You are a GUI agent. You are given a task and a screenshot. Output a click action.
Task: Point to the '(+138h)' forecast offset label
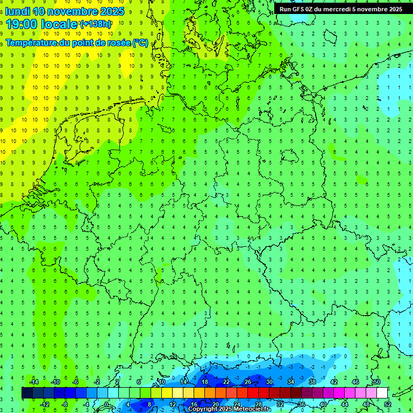click(x=95, y=24)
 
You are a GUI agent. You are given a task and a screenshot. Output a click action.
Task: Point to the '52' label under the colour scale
click(x=388, y=404)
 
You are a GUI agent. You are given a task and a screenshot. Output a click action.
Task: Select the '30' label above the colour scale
click(x=269, y=382)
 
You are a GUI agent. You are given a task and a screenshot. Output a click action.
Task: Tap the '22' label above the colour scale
click(x=226, y=382)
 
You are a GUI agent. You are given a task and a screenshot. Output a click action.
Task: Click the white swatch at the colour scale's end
click(x=382, y=393)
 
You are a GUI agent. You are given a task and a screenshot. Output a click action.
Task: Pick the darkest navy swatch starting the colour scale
click(x=27, y=393)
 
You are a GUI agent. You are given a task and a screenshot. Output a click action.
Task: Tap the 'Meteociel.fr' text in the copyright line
click(x=252, y=409)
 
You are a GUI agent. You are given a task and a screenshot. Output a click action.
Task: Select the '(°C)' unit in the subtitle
click(x=141, y=43)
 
